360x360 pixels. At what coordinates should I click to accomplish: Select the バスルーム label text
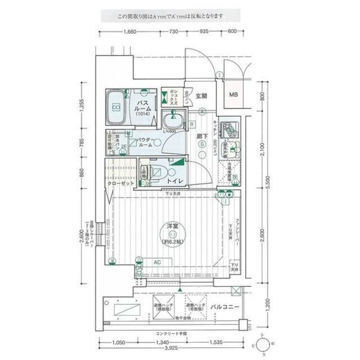click(x=143, y=105)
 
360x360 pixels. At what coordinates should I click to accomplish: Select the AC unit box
click(x=159, y=263)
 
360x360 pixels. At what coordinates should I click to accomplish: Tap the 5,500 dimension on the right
click(x=268, y=181)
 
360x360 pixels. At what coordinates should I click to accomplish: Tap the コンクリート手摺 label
click(x=169, y=334)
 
